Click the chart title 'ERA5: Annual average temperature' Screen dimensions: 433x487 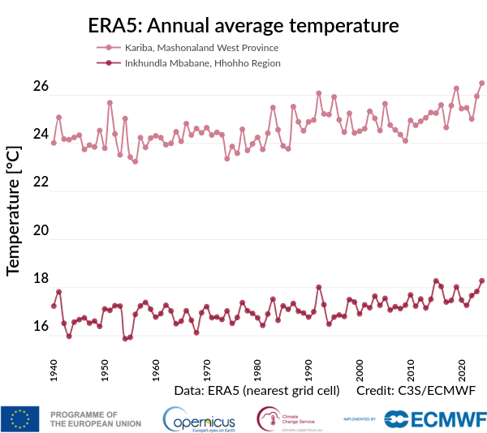click(243, 25)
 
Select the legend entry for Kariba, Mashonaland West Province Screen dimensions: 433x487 click(201, 48)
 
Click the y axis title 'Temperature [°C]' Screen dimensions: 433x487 click(13, 211)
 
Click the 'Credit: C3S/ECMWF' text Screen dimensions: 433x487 click(415, 391)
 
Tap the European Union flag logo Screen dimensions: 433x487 click(20, 418)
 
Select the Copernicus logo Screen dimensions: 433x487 click(199, 419)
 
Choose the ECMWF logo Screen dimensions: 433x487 click(435, 418)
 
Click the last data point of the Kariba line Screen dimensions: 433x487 click(482, 83)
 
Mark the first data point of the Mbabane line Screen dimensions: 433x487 click(54, 306)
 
